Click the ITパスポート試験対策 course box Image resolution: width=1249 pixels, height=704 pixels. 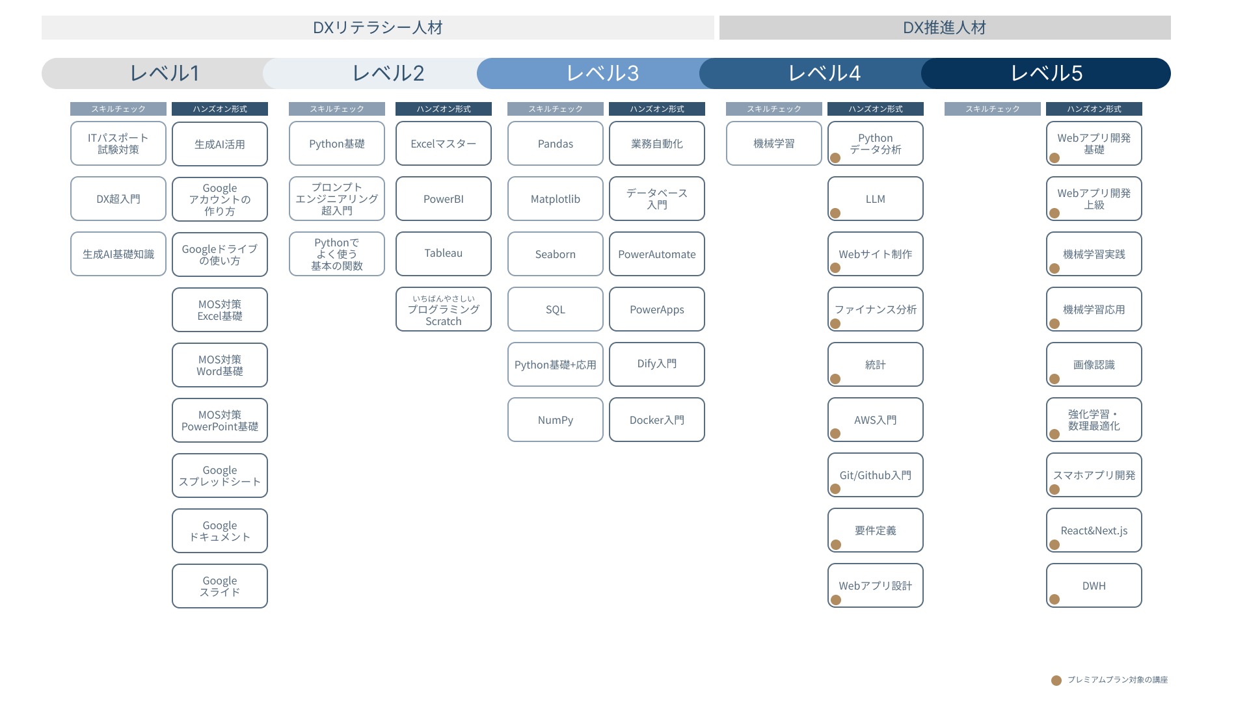coord(118,144)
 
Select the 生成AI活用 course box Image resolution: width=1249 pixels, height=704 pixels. coord(220,144)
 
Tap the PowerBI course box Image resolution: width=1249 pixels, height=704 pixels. coord(444,199)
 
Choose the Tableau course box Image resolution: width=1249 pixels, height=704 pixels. coord(444,254)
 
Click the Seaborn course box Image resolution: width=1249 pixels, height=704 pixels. coord(556,254)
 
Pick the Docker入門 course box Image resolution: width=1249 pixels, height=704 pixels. coord(657,420)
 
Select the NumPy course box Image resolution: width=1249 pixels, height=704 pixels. coord(556,420)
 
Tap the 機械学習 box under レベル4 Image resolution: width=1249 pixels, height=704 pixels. coord(774,144)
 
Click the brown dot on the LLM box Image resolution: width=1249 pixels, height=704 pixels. coord(836,213)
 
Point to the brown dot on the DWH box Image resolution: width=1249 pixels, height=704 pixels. coord(1054,599)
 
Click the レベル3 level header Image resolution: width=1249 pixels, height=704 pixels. coord(602,73)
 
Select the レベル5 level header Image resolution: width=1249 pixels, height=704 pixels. coord(1046,73)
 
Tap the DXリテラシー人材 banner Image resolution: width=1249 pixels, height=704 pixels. coord(378,28)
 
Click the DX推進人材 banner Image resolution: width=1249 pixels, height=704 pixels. coord(945,28)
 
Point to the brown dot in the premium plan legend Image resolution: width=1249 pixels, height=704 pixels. coord(1056,680)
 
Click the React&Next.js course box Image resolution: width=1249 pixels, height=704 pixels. coord(1094,530)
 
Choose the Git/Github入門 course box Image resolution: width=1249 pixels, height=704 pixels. coord(876,475)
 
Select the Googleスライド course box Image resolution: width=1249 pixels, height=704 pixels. coord(220,586)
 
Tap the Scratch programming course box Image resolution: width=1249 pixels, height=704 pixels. coord(444,309)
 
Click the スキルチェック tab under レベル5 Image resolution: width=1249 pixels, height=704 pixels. coord(993,109)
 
